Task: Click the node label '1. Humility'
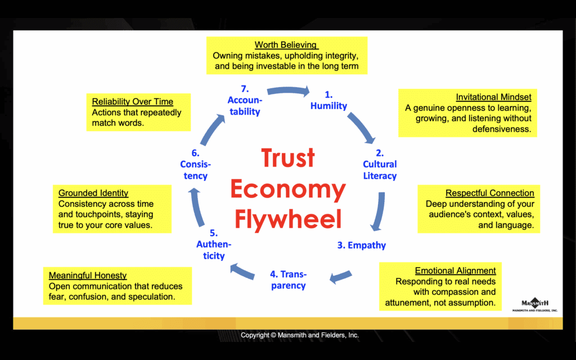click(x=328, y=100)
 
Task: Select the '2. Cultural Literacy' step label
click(x=380, y=164)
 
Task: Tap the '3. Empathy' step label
click(x=362, y=245)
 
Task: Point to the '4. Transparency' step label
click(x=287, y=280)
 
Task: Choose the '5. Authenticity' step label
click(x=214, y=245)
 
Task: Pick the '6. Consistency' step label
click(x=194, y=164)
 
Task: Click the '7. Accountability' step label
click(x=245, y=100)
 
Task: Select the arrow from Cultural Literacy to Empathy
click(x=380, y=211)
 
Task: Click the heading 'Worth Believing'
click(x=286, y=45)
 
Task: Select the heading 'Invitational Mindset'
click(x=493, y=97)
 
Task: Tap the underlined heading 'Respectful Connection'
click(x=489, y=193)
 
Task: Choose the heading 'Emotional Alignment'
click(x=455, y=271)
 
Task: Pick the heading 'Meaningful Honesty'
click(x=88, y=276)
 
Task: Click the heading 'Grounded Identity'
click(x=93, y=193)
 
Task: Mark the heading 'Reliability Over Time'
click(x=133, y=102)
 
